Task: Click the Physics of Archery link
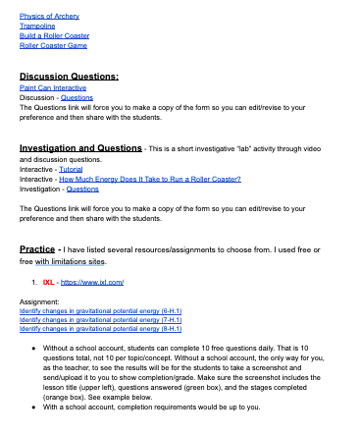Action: click(x=50, y=17)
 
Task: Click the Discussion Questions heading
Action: click(x=69, y=76)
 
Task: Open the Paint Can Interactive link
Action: click(x=51, y=86)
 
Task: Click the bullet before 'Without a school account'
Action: click(x=34, y=348)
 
